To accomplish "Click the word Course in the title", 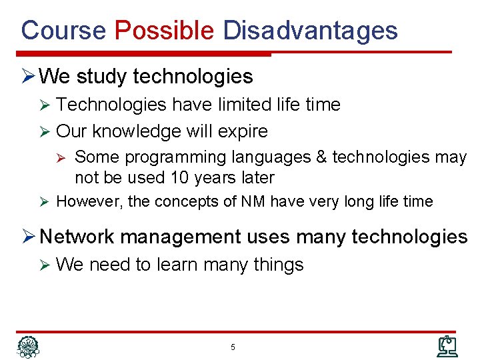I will tap(63, 31).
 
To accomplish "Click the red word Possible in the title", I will tap(164, 31).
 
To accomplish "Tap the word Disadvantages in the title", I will tap(310, 31).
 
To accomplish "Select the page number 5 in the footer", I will tap(233, 347).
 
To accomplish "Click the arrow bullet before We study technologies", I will tap(27, 77).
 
